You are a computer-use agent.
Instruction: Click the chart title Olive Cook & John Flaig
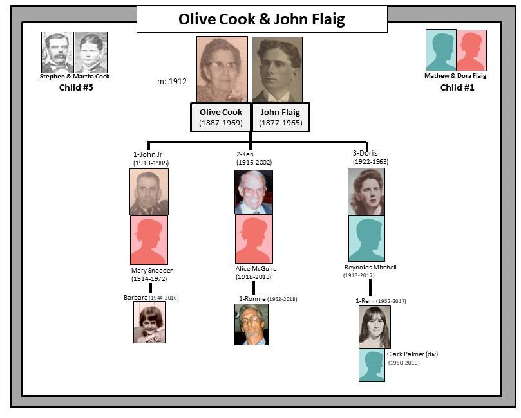point(261,19)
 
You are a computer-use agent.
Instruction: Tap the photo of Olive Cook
point(222,69)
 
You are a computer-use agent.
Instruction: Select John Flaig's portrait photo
point(277,69)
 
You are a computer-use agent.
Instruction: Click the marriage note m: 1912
point(172,82)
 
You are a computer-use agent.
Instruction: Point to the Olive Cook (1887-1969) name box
point(220,117)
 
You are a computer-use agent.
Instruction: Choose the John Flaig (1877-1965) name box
point(280,117)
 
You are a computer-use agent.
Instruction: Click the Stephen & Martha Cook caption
point(75,77)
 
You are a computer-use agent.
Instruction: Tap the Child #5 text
point(76,87)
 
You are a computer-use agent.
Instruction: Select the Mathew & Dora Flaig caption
point(455,76)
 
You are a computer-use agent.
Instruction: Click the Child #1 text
point(457,87)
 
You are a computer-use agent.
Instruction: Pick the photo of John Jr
point(149,192)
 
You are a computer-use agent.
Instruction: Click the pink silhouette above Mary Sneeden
point(149,239)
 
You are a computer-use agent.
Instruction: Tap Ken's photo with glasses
point(253,192)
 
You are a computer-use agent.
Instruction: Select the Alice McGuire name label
point(256,269)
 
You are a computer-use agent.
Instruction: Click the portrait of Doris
point(366,192)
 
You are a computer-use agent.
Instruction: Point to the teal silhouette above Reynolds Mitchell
point(366,239)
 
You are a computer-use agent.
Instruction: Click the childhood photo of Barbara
point(149,322)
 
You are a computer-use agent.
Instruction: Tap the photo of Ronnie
point(251,324)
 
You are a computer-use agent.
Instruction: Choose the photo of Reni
point(374,327)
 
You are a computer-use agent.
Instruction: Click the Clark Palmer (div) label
point(412,354)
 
